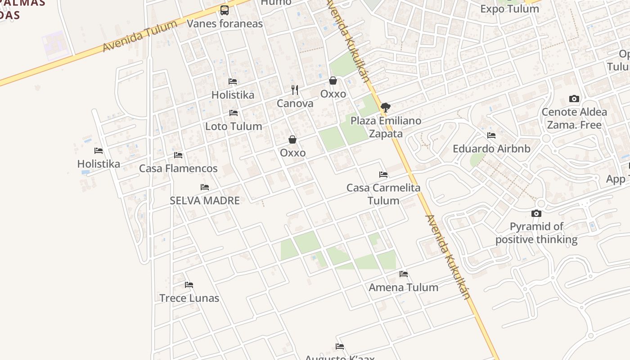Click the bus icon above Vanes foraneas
[x=224, y=10]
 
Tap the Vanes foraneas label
[x=225, y=23]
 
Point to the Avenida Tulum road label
[x=139, y=36]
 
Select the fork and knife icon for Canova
[x=295, y=90]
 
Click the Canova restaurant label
[x=295, y=103]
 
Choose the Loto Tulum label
[x=234, y=126]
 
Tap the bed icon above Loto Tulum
[x=233, y=113]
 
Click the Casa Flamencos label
[x=178, y=169]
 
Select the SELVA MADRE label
[x=205, y=201]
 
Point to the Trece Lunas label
[x=189, y=298]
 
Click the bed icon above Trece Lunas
[x=189, y=285]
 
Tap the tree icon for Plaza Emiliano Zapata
[x=385, y=108]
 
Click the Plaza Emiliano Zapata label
[x=386, y=127]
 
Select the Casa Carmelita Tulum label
[x=383, y=194]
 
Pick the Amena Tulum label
[x=403, y=288]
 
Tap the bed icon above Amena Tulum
[x=404, y=274]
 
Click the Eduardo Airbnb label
[x=491, y=149]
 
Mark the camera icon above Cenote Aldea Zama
[x=574, y=99]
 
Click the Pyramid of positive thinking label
[x=536, y=233]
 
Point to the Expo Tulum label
[x=509, y=9]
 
